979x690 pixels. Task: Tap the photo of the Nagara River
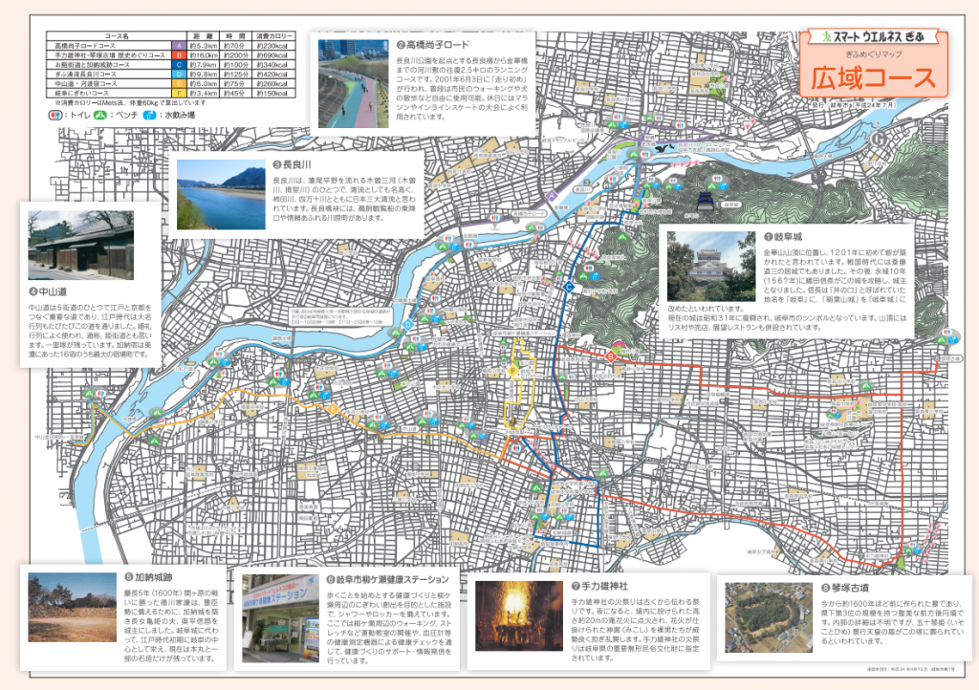pyautogui.click(x=221, y=194)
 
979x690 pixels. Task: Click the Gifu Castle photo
pyautogui.click(x=711, y=266)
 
